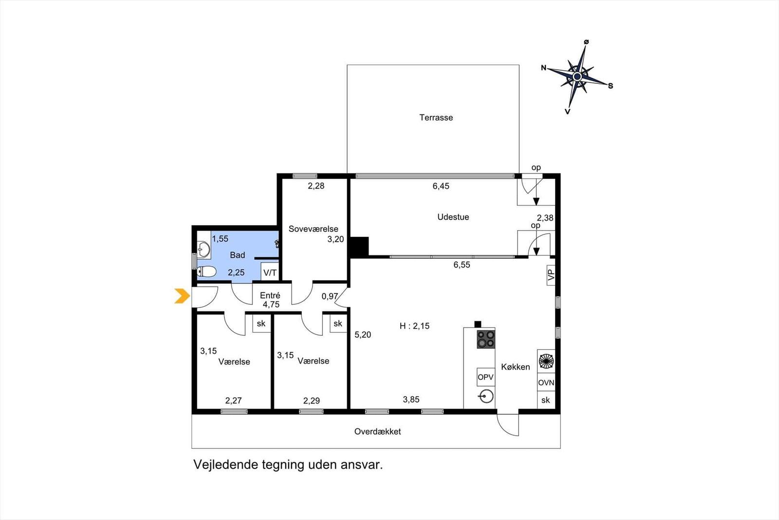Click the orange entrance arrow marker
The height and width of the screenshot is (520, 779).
tap(182, 296)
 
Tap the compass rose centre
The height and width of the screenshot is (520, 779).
tap(577, 77)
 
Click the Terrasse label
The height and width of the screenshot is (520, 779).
tap(436, 117)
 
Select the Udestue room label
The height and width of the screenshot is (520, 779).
tap(453, 217)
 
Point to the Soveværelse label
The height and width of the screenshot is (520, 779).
tap(313, 229)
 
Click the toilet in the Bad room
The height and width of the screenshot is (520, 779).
tap(207, 271)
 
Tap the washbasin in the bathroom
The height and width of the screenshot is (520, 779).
tap(204, 250)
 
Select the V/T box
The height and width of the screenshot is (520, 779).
tap(270, 272)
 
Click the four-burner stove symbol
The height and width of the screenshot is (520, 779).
tap(485, 339)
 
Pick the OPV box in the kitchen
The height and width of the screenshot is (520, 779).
tap(485, 377)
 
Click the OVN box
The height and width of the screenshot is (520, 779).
tap(546, 383)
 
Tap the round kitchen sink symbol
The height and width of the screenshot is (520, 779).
tap(486, 396)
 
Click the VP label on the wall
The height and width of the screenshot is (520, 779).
tap(551, 276)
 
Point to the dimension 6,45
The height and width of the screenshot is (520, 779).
tap(441, 186)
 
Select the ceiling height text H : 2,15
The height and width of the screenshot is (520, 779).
tap(414, 326)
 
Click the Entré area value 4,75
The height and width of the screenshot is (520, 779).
tap(271, 305)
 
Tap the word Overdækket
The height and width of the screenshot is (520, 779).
tap(377, 431)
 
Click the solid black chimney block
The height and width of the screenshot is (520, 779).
tap(359, 246)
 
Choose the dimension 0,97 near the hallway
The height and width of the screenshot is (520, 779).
tap(330, 296)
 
